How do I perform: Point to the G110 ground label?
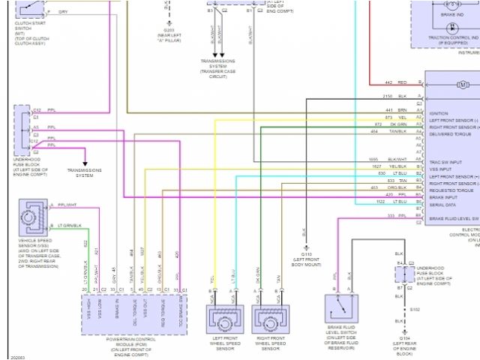point(306,254)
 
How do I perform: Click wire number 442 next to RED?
point(388,82)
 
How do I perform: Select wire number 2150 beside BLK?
point(388,97)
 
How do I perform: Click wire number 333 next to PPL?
point(391,216)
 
